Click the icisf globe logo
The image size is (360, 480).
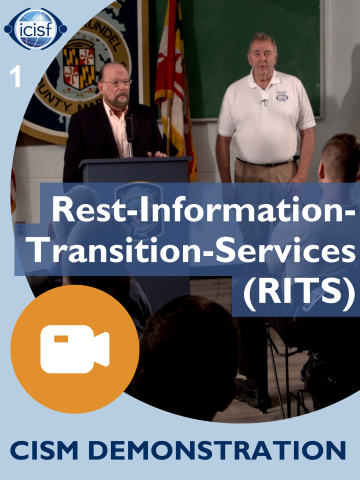tap(35, 28)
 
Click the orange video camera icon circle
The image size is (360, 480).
tap(74, 349)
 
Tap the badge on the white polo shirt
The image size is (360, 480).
tap(282, 97)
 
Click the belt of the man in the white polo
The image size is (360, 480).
tap(262, 161)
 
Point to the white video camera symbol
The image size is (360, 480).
tap(74, 349)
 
